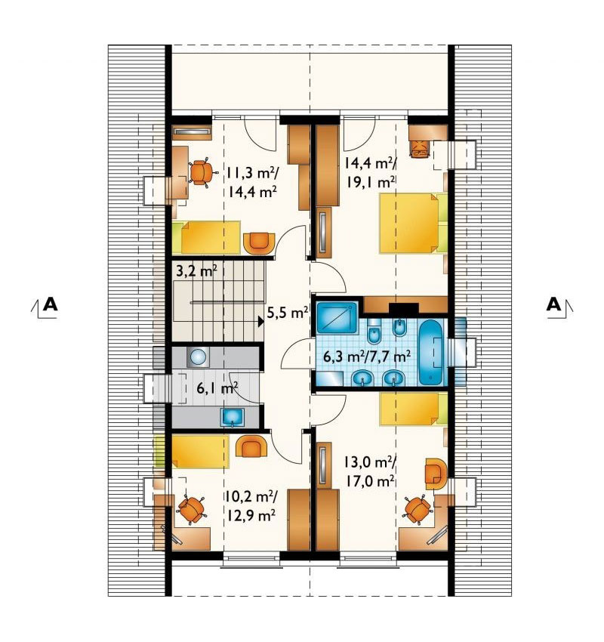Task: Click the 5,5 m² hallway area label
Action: pyautogui.click(x=287, y=313)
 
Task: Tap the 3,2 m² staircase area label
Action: pyautogui.click(x=196, y=271)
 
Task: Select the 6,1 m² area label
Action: pyautogui.click(x=217, y=387)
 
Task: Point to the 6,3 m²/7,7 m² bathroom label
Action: pyautogui.click(x=367, y=356)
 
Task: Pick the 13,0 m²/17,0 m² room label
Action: pyautogui.click(x=369, y=471)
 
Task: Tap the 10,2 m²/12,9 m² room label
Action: pyautogui.click(x=251, y=506)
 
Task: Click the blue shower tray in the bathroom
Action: pyautogui.click(x=337, y=317)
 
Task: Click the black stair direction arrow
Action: pyautogui.click(x=260, y=322)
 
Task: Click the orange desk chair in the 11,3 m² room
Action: pyautogui.click(x=202, y=172)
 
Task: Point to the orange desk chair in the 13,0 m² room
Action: pyautogui.click(x=418, y=510)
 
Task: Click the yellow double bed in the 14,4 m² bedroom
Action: pyautogui.click(x=409, y=224)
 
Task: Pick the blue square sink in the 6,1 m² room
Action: pyautogui.click(x=233, y=417)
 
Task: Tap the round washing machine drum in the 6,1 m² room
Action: pyautogui.click(x=198, y=357)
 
